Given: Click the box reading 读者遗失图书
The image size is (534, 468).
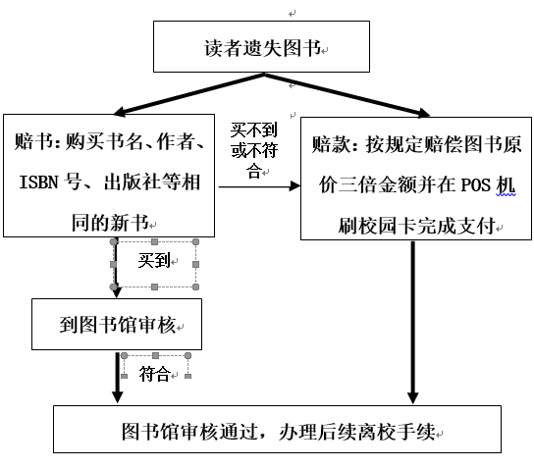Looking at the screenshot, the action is pyautogui.click(x=261, y=47).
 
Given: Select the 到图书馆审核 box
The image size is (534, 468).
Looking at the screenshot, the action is pyautogui.click(x=117, y=324).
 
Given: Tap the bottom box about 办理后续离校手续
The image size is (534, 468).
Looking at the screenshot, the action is pyautogui.click(x=277, y=429).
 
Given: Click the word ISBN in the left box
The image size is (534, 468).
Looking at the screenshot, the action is pyautogui.click(x=39, y=182).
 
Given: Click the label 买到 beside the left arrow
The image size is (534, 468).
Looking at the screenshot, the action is pyautogui.click(x=154, y=261).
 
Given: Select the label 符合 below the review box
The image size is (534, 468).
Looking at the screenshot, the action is pyautogui.click(x=154, y=374).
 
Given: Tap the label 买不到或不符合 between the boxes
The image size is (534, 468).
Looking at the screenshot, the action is pyautogui.click(x=254, y=150).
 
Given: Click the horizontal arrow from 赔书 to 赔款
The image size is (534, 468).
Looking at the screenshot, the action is pyautogui.click(x=259, y=186).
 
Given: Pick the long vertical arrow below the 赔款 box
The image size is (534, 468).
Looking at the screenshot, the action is pyautogui.click(x=412, y=323).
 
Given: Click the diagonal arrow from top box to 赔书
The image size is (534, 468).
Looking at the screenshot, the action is pyautogui.click(x=189, y=94).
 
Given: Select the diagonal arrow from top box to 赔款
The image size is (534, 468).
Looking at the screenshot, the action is pyautogui.click(x=347, y=95).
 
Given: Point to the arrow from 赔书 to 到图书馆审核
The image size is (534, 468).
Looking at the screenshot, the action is pyautogui.click(x=116, y=268).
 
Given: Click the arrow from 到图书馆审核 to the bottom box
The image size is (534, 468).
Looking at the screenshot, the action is pyautogui.click(x=118, y=377).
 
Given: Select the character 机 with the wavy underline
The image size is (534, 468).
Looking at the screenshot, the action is pyautogui.click(x=506, y=185).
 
